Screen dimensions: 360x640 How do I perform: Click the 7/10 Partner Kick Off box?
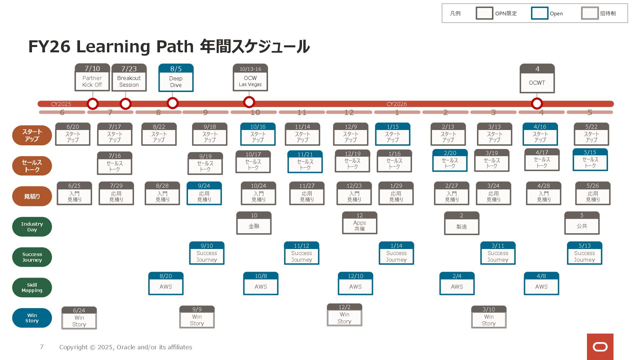tap(92, 77)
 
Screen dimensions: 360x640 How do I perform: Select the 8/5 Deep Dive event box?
tap(176, 78)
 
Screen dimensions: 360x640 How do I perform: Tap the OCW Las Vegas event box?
tap(250, 78)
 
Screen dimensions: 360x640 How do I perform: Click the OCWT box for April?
tap(537, 79)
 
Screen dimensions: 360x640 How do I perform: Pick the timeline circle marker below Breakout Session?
tap(125, 104)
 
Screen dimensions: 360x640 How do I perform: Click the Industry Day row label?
tap(32, 227)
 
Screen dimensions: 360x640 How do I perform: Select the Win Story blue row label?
tap(32, 318)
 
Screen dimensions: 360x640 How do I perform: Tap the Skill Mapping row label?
tap(32, 288)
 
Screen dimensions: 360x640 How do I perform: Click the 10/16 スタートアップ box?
tap(258, 134)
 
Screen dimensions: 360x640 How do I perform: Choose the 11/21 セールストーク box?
tap(305, 162)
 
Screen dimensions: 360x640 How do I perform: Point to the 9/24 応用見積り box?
tap(204, 193)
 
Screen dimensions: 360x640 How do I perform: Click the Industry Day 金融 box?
tap(254, 223)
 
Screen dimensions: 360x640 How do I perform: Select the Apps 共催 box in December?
tap(359, 223)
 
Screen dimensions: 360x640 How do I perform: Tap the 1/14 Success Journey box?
tap(396, 253)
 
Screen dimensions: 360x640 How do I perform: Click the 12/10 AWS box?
tap(355, 284)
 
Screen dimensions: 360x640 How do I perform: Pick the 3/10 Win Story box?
tap(489, 317)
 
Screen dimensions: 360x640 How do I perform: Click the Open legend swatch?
tap(539, 13)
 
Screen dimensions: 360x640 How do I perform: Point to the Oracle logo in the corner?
tap(600, 347)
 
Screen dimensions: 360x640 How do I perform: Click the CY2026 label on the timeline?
tap(396, 104)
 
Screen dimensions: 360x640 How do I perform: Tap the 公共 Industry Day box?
tap(582, 223)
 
